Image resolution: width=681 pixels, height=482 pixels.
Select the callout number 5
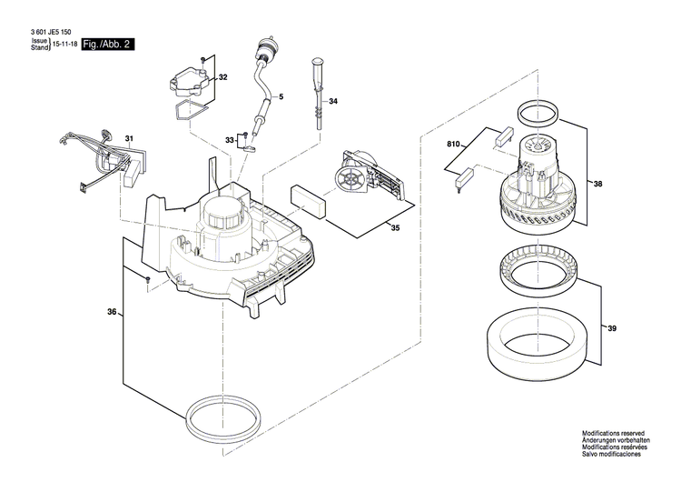coord(281,96)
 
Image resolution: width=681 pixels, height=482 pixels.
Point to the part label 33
coord(230,139)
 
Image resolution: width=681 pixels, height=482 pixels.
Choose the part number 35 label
coord(395,229)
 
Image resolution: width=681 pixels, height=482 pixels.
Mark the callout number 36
coord(112,313)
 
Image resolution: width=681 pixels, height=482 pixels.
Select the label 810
coord(454,145)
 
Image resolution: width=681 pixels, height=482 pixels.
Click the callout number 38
coord(597,183)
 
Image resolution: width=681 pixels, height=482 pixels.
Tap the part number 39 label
coord(612,328)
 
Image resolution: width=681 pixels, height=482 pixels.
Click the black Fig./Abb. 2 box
coord(107,45)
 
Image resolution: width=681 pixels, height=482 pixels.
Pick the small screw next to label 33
coord(245,138)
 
